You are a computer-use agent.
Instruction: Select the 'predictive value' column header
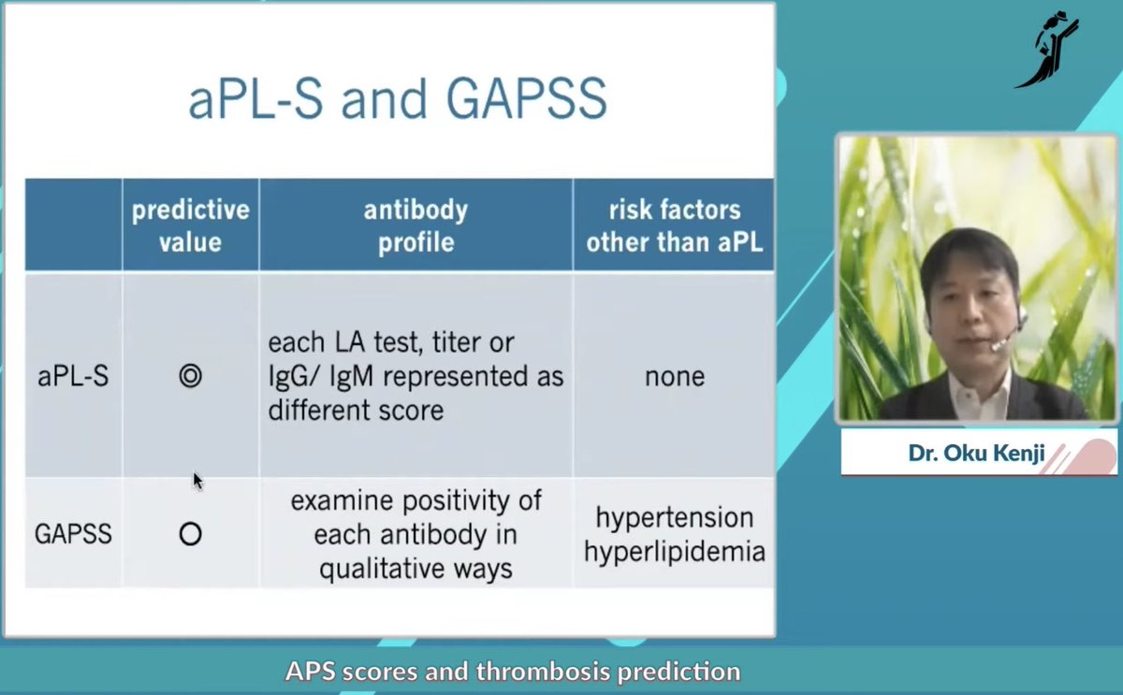click(x=190, y=225)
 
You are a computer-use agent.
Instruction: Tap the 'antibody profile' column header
click(x=416, y=225)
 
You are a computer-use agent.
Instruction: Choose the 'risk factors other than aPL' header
click(x=674, y=225)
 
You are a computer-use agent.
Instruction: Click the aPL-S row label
click(x=73, y=376)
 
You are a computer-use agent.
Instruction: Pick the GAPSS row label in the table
click(x=73, y=534)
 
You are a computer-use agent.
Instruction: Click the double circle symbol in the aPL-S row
click(x=190, y=376)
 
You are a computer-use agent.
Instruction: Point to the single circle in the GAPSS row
click(x=190, y=534)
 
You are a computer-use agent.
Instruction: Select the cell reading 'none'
click(x=674, y=376)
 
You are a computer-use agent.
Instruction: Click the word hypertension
click(x=674, y=517)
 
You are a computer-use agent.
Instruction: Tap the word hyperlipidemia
click(x=674, y=551)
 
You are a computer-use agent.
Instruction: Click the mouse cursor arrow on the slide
click(x=197, y=481)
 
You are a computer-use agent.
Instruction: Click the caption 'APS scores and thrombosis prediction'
click(x=513, y=672)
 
